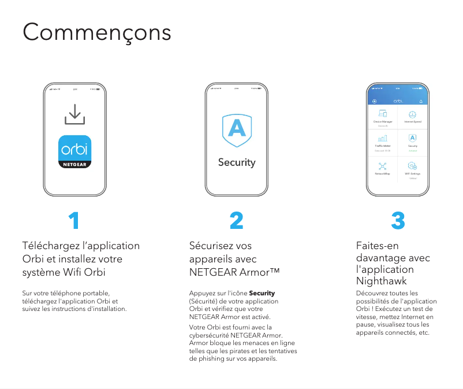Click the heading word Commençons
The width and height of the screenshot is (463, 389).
tap(96, 32)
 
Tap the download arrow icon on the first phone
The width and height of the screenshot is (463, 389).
tap(74, 114)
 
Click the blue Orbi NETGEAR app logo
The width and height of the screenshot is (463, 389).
tap(74, 152)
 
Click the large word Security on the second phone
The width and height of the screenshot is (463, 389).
tap(237, 162)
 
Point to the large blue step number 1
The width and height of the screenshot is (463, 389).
tap(73, 220)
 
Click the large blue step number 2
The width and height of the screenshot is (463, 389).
tap(236, 220)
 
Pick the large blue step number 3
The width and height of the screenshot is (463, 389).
tap(398, 220)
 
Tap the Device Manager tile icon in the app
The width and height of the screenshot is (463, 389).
tap(383, 114)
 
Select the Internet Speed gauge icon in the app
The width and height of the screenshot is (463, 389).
tap(412, 114)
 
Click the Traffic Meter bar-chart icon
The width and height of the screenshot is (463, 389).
tap(383, 138)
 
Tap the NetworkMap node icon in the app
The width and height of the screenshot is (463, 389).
tap(383, 166)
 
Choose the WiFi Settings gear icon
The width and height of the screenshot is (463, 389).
tap(412, 166)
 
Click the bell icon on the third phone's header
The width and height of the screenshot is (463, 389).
tap(421, 101)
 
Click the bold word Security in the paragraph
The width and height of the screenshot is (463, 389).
tap(262, 293)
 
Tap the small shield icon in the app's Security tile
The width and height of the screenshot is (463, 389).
tap(412, 138)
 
